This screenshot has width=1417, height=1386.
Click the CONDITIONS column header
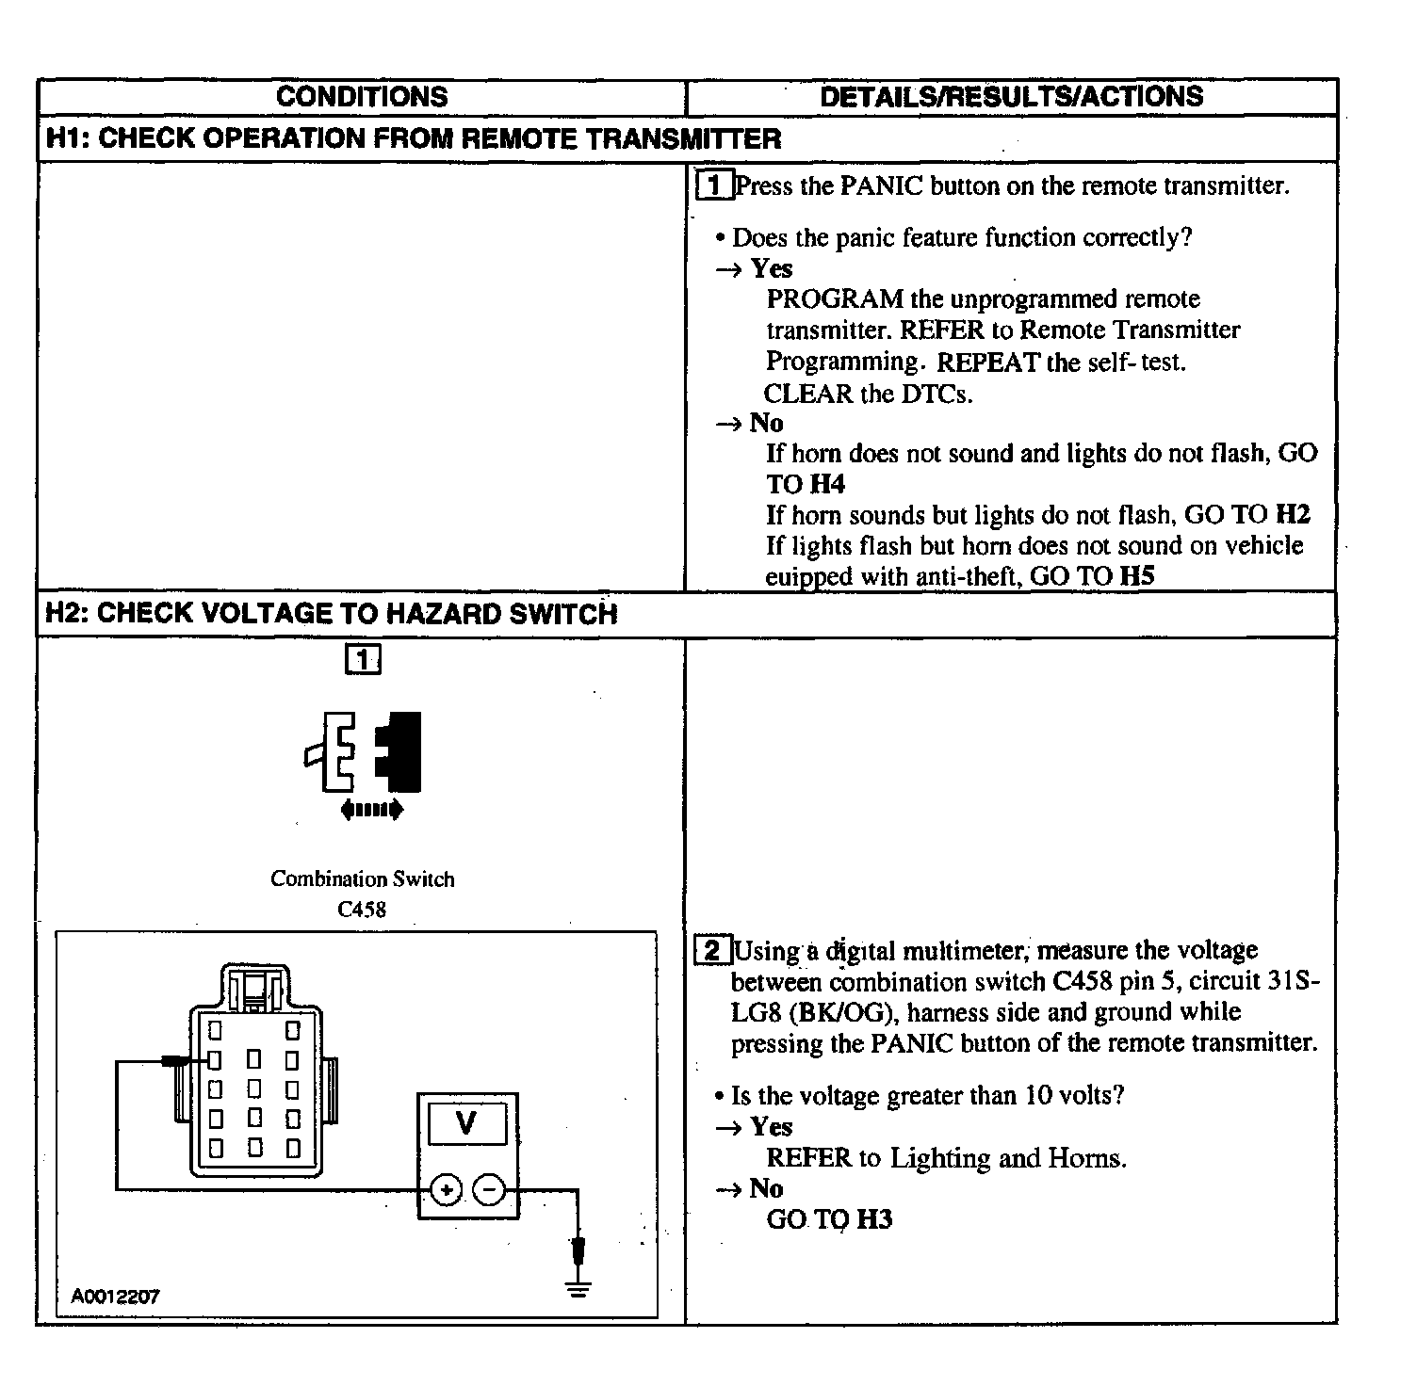pyautogui.click(x=362, y=97)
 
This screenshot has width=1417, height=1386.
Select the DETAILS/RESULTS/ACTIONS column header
pyautogui.click(x=1011, y=97)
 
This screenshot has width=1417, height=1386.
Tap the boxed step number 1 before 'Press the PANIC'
pyautogui.click(x=713, y=185)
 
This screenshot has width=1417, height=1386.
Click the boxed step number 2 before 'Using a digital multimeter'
pyautogui.click(x=712, y=951)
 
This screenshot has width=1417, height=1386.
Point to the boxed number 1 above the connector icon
pyautogui.click(x=363, y=659)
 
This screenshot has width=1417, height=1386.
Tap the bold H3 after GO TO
pyautogui.click(x=874, y=1219)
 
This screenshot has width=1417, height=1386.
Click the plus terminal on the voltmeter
pyautogui.click(x=446, y=1190)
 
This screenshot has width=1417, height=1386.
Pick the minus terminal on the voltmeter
pyautogui.click(x=489, y=1190)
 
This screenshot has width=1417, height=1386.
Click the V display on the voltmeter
pyautogui.click(x=466, y=1122)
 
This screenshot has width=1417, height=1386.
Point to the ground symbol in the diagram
pyautogui.click(x=578, y=1286)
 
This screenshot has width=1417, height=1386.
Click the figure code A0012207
pyautogui.click(x=115, y=1296)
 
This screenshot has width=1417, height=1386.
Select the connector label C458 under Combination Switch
pyautogui.click(x=362, y=910)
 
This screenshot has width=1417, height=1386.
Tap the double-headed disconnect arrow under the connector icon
pyautogui.click(x=371, y=809)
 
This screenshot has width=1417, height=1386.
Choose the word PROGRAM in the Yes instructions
pyautogui.click(x=822, y=299)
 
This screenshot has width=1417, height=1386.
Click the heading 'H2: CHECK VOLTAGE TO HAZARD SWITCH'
pyautogui.click(x=332, y=614)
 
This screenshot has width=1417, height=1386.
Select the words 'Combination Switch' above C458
pyautogui.click(x=362, y=878)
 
